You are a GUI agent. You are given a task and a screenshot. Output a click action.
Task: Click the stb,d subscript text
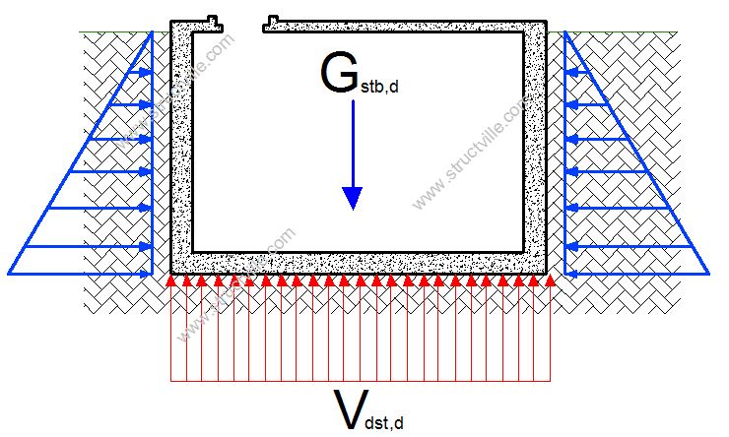tap(379, 88)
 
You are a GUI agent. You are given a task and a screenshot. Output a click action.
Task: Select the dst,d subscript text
tap(383, 422)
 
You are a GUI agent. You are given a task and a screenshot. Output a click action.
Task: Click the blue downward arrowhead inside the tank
tap(352, 198)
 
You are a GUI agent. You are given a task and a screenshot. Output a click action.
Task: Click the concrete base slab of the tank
tap(359, 263)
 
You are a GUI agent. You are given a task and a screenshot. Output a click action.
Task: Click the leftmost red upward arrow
tap(170, 325)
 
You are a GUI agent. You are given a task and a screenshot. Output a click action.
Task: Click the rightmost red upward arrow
tap(549, 325)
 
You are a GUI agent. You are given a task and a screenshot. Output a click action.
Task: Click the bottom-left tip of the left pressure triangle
tap(10, 273)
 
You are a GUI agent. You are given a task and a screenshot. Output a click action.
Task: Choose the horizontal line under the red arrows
tap(359, 380)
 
